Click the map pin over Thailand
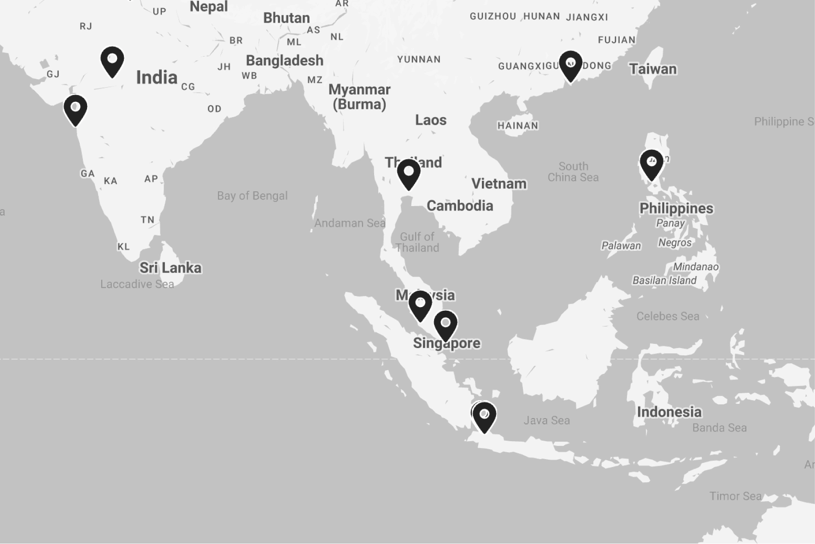tap(409, 173)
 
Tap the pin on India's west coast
tap(76, 109)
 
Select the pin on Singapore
tap(446, 324)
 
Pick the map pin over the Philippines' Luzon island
tap(651, 164)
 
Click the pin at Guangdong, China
tap(570, 65)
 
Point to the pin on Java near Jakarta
tap(484, 416)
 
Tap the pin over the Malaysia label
tap(420, 305)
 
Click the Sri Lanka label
tap(170, 268)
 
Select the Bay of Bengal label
tap(252, 196)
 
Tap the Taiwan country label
tap(653, 69)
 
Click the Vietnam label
tap(499, 183)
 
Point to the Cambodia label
tap(460, 206)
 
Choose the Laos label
tap(431, 120)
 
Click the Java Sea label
tap(546, 420)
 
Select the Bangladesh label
tap(284, 60)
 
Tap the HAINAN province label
tap(518, 125)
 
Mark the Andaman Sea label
tap(350, 223)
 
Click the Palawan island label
tap(621, 246)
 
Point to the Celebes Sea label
tap(668, 316)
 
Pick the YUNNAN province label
tap(419, 59)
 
